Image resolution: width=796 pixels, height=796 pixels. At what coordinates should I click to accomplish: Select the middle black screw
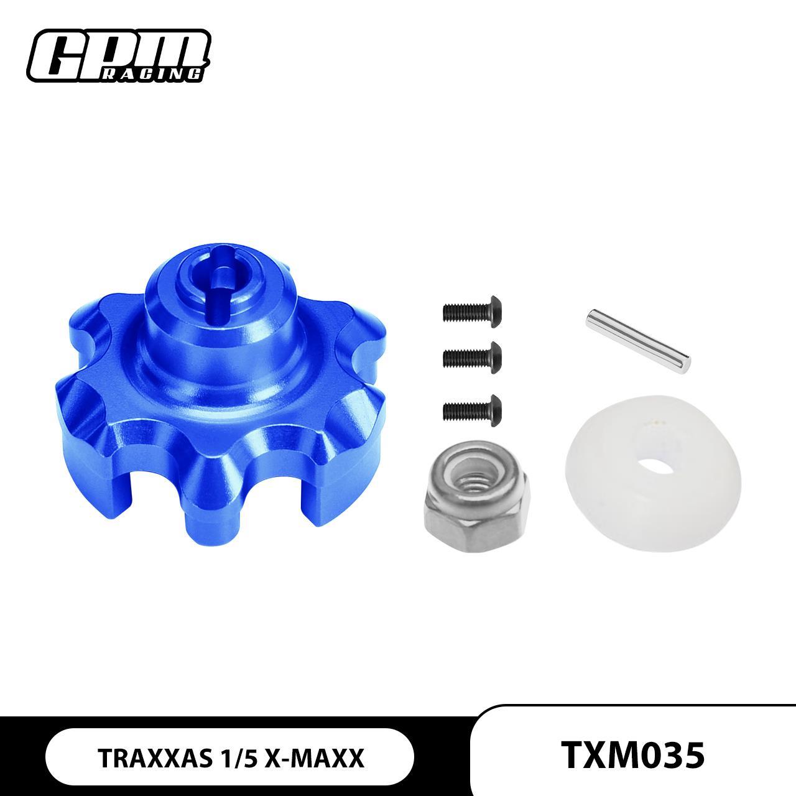[472, 356]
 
